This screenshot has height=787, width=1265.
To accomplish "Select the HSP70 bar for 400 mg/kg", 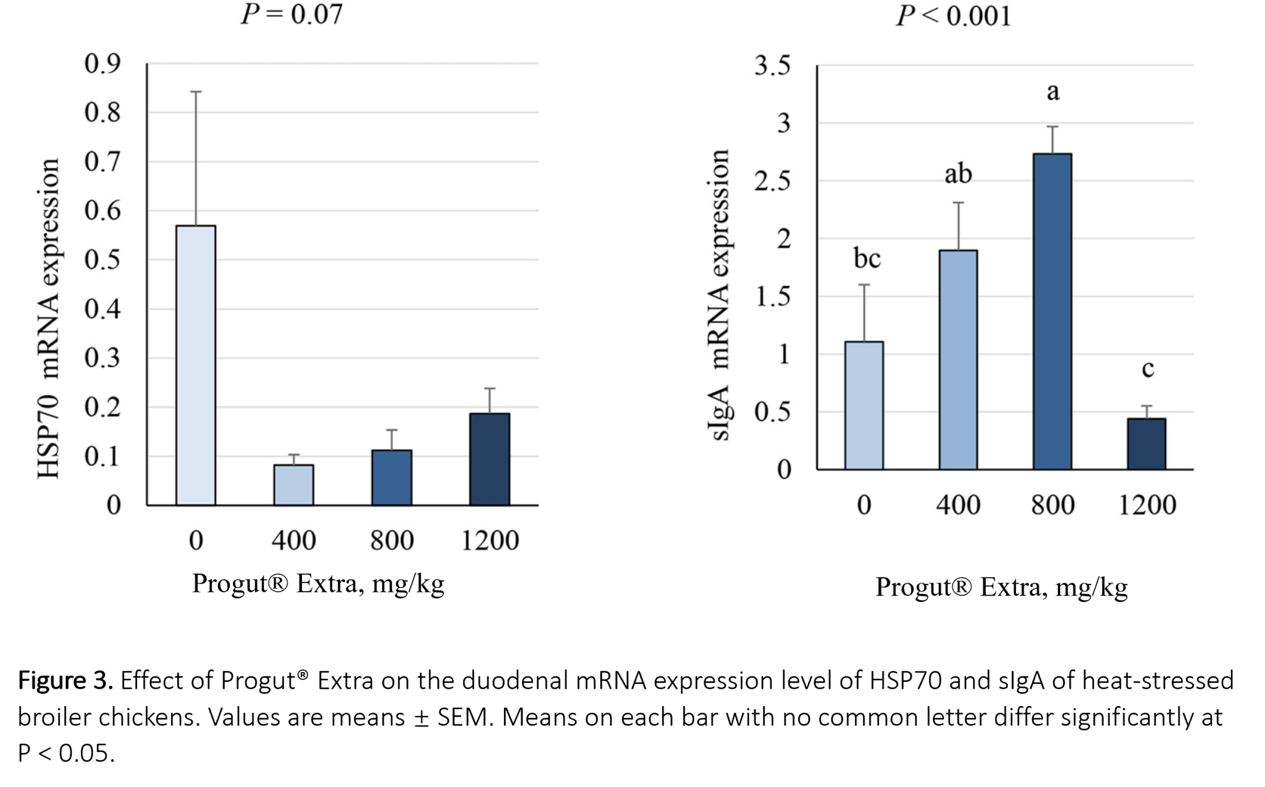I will click(293, 485).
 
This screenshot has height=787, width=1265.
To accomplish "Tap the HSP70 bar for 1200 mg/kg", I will click(490, 460).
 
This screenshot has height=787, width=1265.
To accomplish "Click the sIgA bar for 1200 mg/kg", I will click(1147, 444).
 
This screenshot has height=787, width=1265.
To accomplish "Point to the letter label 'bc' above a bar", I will click(867, 258).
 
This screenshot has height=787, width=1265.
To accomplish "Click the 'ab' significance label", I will click(958, 174).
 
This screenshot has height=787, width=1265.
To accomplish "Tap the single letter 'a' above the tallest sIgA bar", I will click(1053, 91).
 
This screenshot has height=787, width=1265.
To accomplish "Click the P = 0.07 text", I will click(292, 14).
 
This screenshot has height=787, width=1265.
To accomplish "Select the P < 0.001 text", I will click(954, 15).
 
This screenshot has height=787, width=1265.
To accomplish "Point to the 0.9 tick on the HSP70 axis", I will click(103, 63).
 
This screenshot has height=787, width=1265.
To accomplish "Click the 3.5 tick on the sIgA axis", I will click(772, 65).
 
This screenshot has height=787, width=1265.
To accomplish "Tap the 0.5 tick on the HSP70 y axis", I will click(103, 260).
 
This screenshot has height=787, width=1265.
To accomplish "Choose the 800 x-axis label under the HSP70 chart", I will click(392, 541).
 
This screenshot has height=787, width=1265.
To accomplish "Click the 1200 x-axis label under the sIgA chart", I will click(1147, 505).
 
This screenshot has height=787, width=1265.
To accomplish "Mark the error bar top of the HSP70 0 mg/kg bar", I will click(196, 92).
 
